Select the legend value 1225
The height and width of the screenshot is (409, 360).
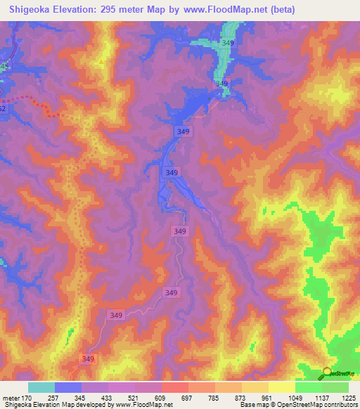tap(347, 398)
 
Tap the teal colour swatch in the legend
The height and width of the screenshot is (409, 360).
tap(41, 387)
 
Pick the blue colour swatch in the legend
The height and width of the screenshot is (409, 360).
tap(67, 387)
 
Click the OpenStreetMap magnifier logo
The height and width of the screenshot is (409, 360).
tap(327, 373)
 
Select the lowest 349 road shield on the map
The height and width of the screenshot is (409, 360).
tap(87, 359)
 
